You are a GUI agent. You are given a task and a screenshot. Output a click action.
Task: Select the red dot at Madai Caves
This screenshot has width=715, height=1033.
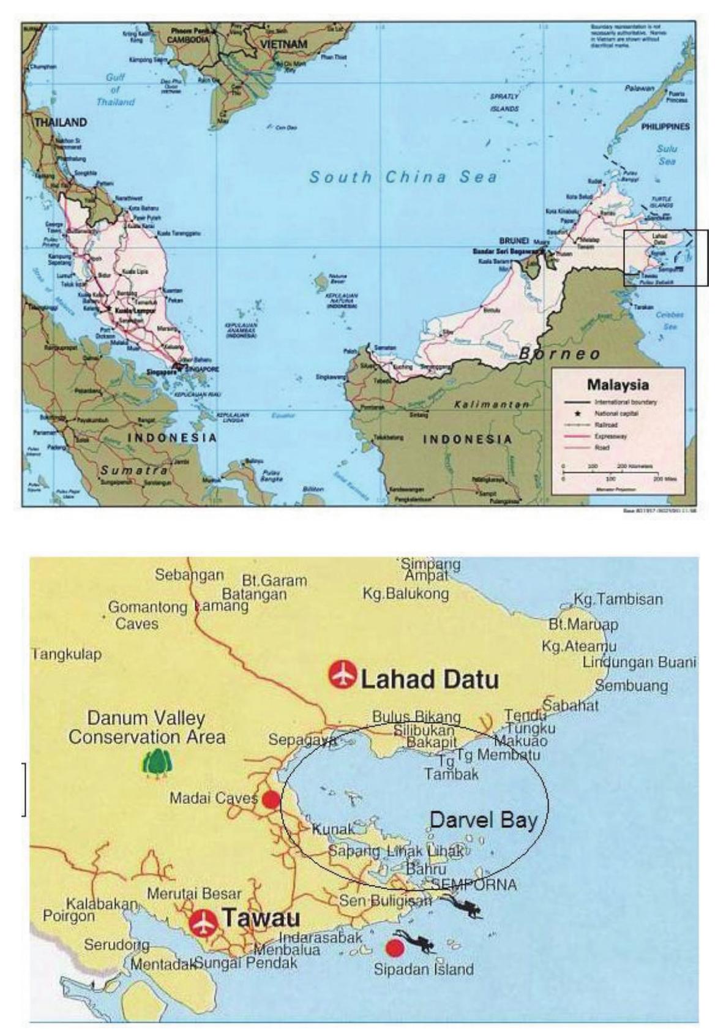click(x=271, y=800)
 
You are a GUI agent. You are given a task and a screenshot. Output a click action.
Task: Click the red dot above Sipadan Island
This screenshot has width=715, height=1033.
click(x=395, y=948)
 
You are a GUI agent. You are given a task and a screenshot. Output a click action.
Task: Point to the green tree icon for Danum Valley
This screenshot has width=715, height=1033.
click(x=158, y=763)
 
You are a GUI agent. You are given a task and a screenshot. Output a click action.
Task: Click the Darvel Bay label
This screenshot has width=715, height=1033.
click(x=483, y=820)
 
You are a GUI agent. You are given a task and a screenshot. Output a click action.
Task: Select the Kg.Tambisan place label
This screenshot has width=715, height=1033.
click(x=618, y=599)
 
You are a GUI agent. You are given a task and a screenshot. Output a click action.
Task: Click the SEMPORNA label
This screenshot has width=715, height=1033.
click(x=474, y=884)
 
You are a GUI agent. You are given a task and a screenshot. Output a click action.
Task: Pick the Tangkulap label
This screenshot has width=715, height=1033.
click(x=66, y=654)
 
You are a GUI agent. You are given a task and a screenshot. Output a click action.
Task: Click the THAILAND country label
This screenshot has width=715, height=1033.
click(x=61, y=122)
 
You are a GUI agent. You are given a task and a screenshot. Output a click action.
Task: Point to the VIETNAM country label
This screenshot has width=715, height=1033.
click(x=283, y=45)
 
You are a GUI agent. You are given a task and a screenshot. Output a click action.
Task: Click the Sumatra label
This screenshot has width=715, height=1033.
click(x=133, y=470)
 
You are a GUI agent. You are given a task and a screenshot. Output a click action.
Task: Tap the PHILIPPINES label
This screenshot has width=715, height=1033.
click(x=665, y=127)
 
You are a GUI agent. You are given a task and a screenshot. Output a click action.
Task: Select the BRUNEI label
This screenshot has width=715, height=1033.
click(x=513, y=241)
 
